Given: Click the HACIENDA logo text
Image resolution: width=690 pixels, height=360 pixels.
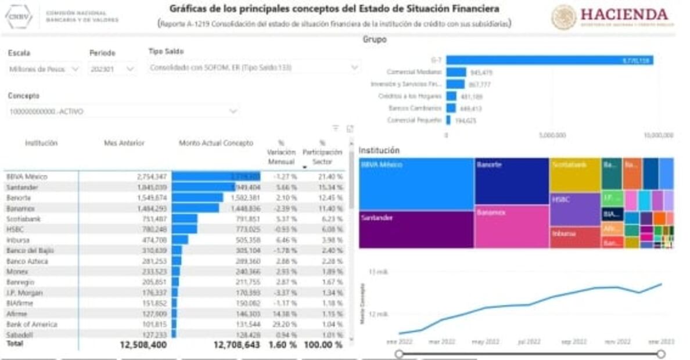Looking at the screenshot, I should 624,14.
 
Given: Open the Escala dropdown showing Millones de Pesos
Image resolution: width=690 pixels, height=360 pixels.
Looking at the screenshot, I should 44,69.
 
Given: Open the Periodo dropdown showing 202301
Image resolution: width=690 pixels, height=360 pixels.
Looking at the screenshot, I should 112,69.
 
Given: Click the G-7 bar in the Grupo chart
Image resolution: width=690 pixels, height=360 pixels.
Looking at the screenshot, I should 549,60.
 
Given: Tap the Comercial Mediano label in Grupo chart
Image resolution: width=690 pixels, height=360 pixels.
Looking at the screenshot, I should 414,72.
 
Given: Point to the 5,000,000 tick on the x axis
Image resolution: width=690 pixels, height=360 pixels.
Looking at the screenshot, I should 552,135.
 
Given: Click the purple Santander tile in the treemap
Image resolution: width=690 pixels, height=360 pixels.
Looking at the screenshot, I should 416,229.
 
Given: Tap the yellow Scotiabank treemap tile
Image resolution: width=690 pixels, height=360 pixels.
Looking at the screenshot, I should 575,174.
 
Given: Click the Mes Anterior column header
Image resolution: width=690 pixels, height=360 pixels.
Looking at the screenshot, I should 124,143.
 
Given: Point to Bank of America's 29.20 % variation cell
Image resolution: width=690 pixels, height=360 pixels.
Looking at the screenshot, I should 283,325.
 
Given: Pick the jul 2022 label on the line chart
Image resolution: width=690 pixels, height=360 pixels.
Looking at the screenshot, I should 529,342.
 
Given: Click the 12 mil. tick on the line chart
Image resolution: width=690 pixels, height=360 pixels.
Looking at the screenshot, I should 379,314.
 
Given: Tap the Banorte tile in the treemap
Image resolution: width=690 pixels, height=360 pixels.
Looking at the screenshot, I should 511,181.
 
